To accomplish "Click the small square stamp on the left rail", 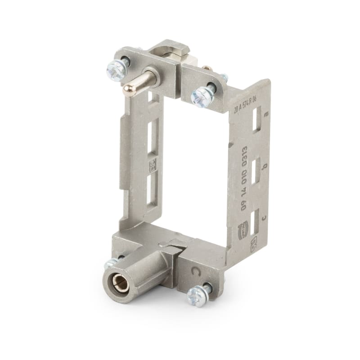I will [x=152, y=164].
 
